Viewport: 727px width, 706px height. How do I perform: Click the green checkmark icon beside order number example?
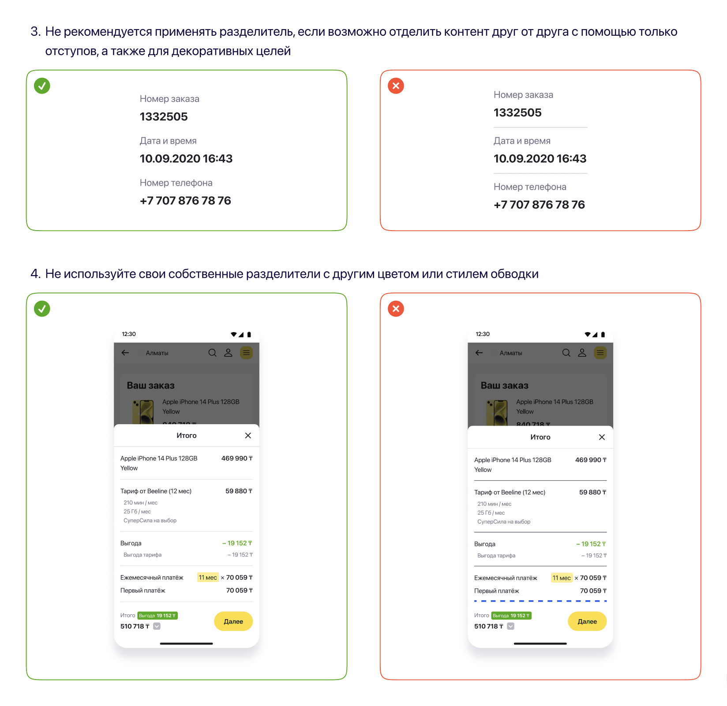click(42, 86)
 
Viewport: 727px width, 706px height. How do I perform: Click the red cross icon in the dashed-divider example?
click(396, 309)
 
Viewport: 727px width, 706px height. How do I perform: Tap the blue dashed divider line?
click(540, 601)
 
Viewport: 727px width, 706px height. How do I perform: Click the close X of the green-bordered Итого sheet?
click(248, 435)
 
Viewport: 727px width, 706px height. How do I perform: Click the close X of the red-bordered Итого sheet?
click(602, 437)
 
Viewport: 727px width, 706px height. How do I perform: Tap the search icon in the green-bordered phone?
click(212, 353)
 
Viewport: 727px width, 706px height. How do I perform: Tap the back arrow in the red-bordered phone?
click(479, 353)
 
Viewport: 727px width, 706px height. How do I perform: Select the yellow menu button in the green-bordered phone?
click(246, 353)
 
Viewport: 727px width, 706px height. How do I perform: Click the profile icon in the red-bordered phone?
click(582, 353)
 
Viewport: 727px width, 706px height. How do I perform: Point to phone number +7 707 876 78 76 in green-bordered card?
click(185, 201)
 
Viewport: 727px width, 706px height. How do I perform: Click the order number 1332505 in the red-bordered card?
click(517, 112)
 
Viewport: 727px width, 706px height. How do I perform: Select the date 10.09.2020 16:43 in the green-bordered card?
click(186, 159)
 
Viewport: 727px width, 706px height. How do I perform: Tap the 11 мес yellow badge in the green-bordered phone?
click(208, 577)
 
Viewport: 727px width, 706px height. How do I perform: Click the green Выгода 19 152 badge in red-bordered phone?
click(511, 616)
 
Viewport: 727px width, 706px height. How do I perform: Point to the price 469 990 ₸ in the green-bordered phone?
click(237, 458)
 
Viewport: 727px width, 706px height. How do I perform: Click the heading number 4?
click(35, 274)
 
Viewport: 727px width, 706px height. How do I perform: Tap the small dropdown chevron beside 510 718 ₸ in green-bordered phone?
click(157, 626)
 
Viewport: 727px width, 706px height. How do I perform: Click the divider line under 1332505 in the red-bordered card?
click(540, 127)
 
